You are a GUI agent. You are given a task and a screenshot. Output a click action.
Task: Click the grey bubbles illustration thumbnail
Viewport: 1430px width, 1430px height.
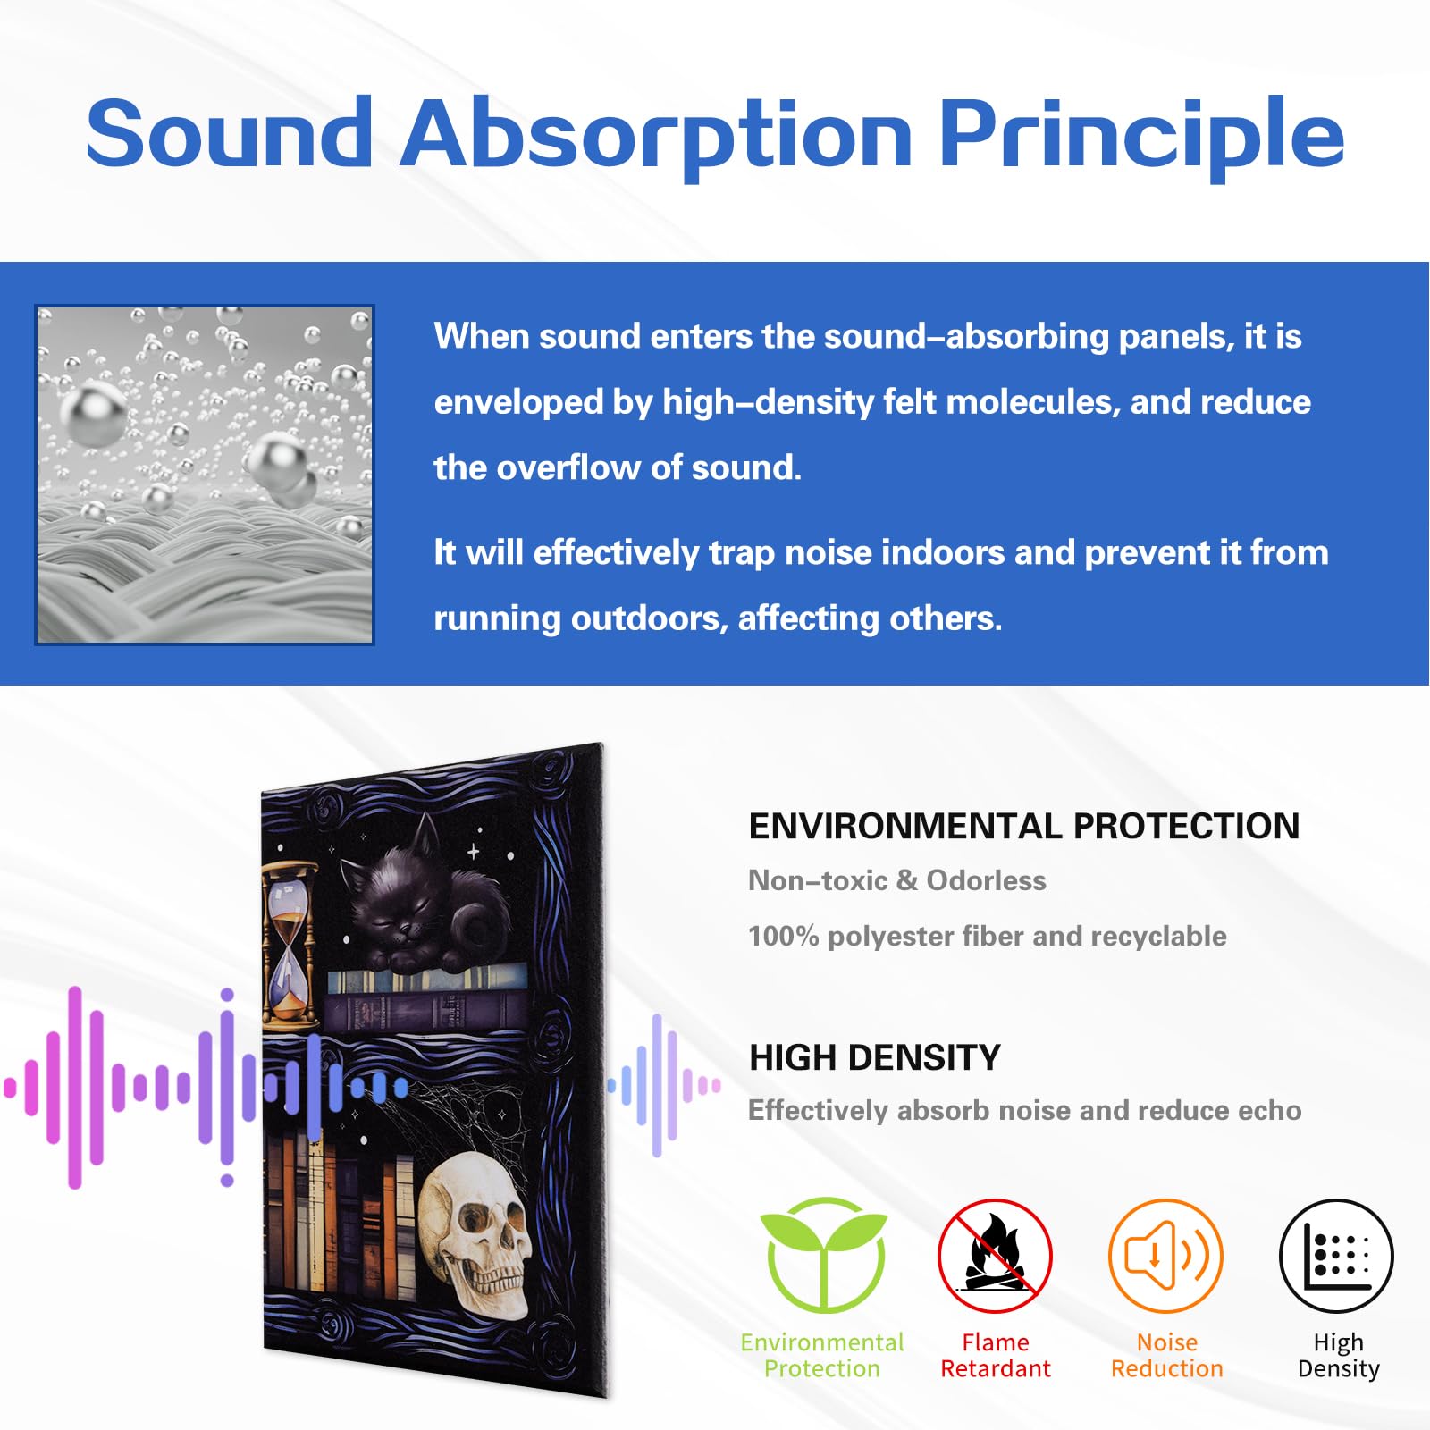(x=205, y=475)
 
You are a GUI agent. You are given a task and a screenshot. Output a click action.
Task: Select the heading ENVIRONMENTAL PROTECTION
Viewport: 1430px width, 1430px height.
(x=1023, y=827)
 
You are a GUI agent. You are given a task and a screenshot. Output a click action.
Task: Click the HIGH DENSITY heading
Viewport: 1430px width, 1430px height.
(x=874, y=1058)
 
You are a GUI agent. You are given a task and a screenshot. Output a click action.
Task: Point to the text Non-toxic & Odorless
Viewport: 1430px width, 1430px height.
(x=896, y=881)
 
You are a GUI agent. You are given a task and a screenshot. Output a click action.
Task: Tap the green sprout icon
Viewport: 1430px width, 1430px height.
(x=824, y=1254)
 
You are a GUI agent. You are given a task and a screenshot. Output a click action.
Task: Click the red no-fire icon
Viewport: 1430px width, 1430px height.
(x=995, y=1256)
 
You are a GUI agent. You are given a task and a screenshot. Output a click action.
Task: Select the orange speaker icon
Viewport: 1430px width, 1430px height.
(x=1165, y=1256)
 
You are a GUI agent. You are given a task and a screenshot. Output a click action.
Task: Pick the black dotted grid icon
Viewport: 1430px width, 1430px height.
(x=1337, y=1256)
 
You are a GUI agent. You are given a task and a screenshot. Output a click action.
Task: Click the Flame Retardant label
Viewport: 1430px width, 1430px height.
(x=995, y=1356)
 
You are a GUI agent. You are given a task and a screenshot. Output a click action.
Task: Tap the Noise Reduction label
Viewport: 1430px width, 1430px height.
(x=1166, y=1356)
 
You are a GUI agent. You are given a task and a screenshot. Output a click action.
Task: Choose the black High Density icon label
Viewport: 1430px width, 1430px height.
(x=1338, y=1356)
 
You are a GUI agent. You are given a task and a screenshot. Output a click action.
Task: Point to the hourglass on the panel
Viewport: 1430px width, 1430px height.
(x=289, y=943)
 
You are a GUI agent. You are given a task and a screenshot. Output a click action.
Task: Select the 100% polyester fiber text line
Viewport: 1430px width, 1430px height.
(x=987, y=937)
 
